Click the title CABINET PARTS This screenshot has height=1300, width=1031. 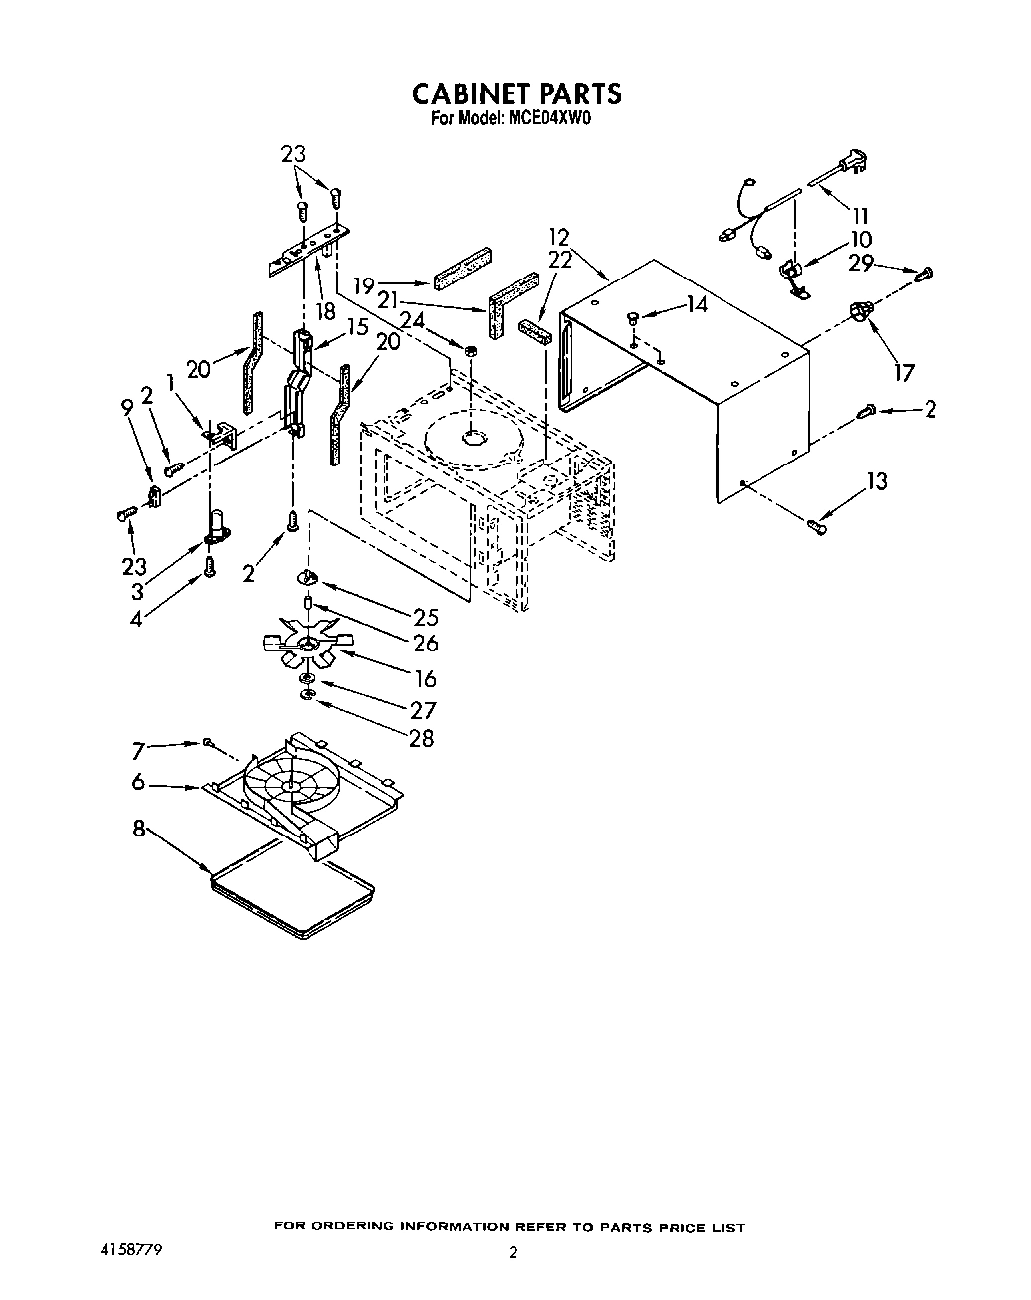click(x=516, y=93)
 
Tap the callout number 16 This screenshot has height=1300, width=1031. click(x=425, y=679)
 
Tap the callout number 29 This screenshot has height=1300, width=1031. click(x=861, y=263)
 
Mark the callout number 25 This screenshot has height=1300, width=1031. click(x=425, y=618)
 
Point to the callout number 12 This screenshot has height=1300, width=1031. click(x=559, y=237)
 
